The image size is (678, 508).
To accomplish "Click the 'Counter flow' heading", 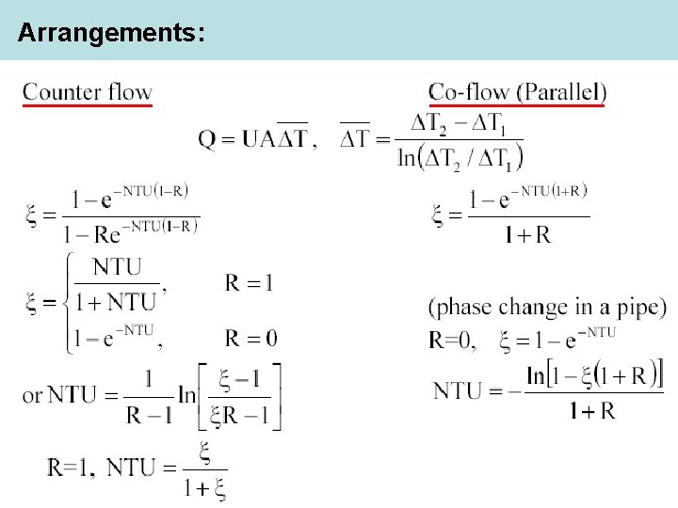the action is point(87,92).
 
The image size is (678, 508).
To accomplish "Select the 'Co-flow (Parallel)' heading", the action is point(517,92).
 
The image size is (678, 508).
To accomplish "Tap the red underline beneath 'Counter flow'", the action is point(87,105).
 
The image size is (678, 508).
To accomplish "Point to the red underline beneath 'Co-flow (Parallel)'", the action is point(517,105).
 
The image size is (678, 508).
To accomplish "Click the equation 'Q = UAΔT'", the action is point(253,139).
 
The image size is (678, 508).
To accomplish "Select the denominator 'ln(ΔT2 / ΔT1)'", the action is point(460,155).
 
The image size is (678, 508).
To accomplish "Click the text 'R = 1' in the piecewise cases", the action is point(250,281).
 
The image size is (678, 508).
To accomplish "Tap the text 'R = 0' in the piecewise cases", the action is point(250,337).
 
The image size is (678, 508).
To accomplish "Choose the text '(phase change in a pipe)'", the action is point(547,307).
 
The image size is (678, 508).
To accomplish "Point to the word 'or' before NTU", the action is point(32,394).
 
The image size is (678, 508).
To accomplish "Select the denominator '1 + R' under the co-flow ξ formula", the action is point(527,235).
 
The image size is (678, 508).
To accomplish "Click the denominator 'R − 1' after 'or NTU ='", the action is point(149,415).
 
